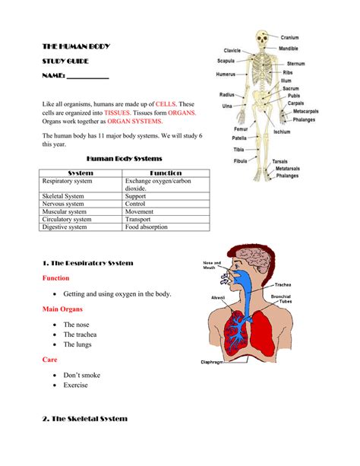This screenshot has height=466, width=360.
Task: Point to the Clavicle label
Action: [232, 50]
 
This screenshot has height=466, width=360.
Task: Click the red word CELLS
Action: [166, 103]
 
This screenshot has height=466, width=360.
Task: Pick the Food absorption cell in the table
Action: [148, 227]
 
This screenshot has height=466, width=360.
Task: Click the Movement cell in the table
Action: [140, 211]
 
